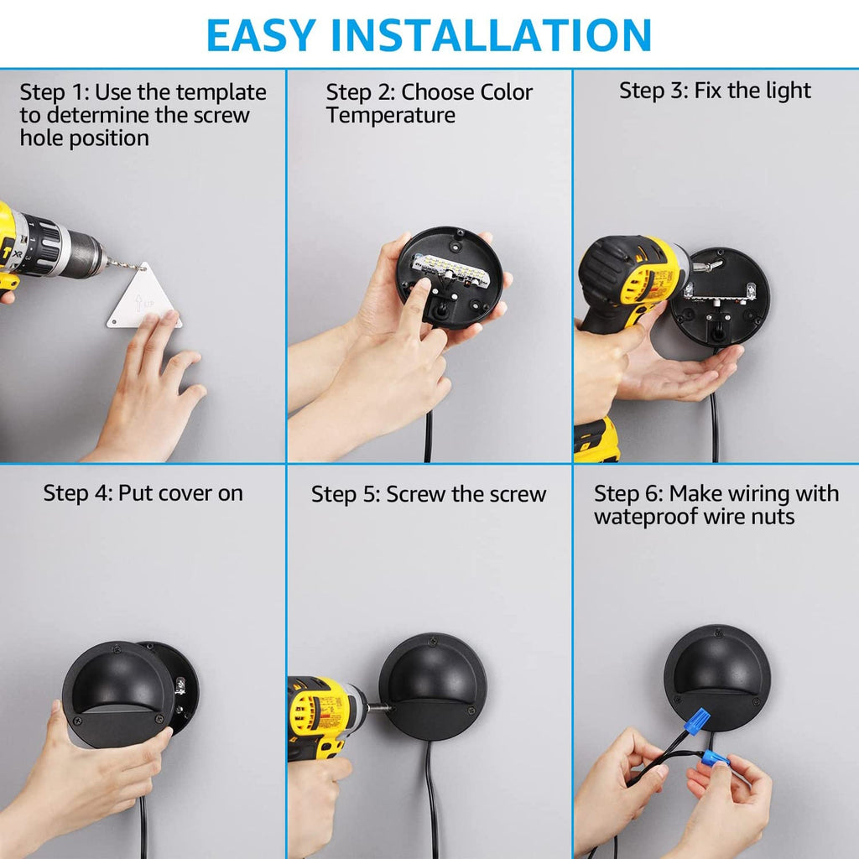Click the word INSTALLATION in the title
(x=501, y=34)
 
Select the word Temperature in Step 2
(x=391, y=115)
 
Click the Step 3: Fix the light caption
(x=715, y=91)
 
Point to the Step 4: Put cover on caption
(x=143, y=493)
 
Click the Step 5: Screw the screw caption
(x=429, y=494)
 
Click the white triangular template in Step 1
(x=144, y=300)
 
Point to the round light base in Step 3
(x=720, y=297)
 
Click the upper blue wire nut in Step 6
(x=695, y=722)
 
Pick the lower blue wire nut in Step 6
(x=716, y=759)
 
